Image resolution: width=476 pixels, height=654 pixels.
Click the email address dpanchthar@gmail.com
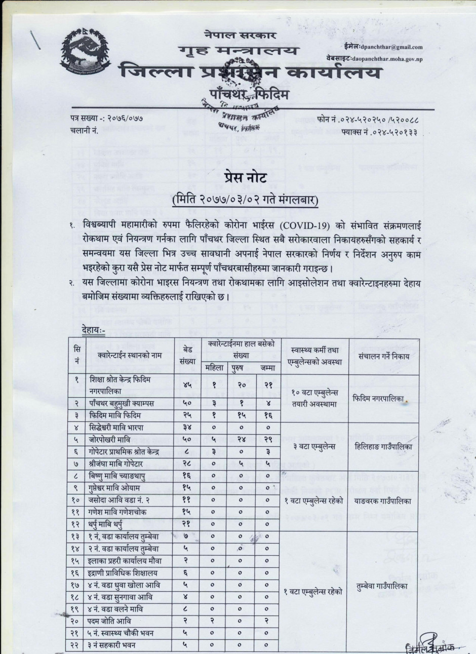(x=390, y=47)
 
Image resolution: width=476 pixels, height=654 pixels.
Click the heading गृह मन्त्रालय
(x=238, y=51)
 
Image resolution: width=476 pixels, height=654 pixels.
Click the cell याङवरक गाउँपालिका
(x=383, y=501)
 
